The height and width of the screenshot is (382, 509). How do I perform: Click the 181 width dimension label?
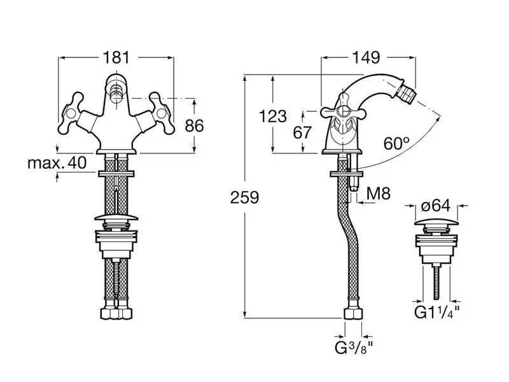tap(116, 57)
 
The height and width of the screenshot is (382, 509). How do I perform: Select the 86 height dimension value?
tap(194, 125)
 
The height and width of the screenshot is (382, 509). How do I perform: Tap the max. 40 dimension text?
tap(57, 163)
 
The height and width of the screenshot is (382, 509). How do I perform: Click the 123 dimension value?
tap(273, 116)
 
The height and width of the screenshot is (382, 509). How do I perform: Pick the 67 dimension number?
tap(302, 132)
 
